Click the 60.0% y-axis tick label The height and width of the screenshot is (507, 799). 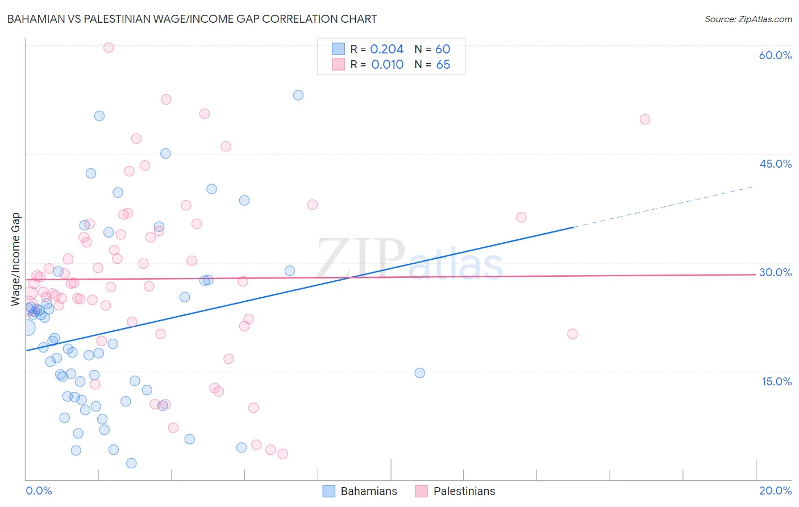point(775,55)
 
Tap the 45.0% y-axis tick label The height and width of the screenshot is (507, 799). point(775,164)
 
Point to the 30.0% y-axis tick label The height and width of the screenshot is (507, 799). point(775,272)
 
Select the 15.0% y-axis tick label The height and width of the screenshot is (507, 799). point(776,381)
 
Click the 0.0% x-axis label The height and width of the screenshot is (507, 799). point(39,491)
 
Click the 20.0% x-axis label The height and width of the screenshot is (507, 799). point(775,491)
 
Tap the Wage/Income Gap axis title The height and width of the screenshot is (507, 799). point(16,259)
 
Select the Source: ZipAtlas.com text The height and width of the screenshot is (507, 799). point(748,19)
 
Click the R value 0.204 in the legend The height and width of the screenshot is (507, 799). point(386,49)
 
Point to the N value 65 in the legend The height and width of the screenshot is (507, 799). point(443,65)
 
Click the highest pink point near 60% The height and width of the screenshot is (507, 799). point(109,48)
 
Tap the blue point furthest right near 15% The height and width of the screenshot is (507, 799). point(420,373)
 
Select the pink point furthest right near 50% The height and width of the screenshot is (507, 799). point(645,119)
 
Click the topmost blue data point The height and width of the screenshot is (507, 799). point(298,95)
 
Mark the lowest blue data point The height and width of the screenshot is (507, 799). point(131,463)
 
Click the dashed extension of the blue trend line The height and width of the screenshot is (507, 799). point(665,206)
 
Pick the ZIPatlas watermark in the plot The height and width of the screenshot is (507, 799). point(409,259)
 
